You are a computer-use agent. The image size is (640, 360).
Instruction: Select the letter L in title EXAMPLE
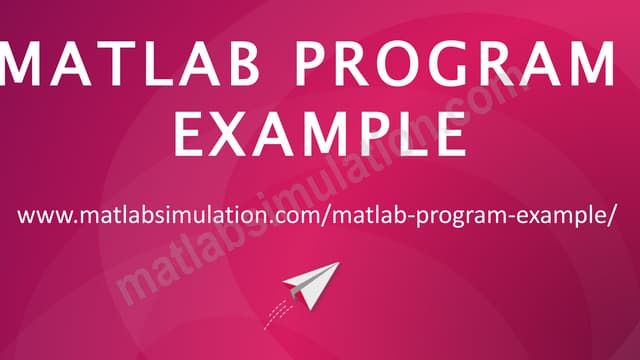pyautogui.click(x=404, y=133)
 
